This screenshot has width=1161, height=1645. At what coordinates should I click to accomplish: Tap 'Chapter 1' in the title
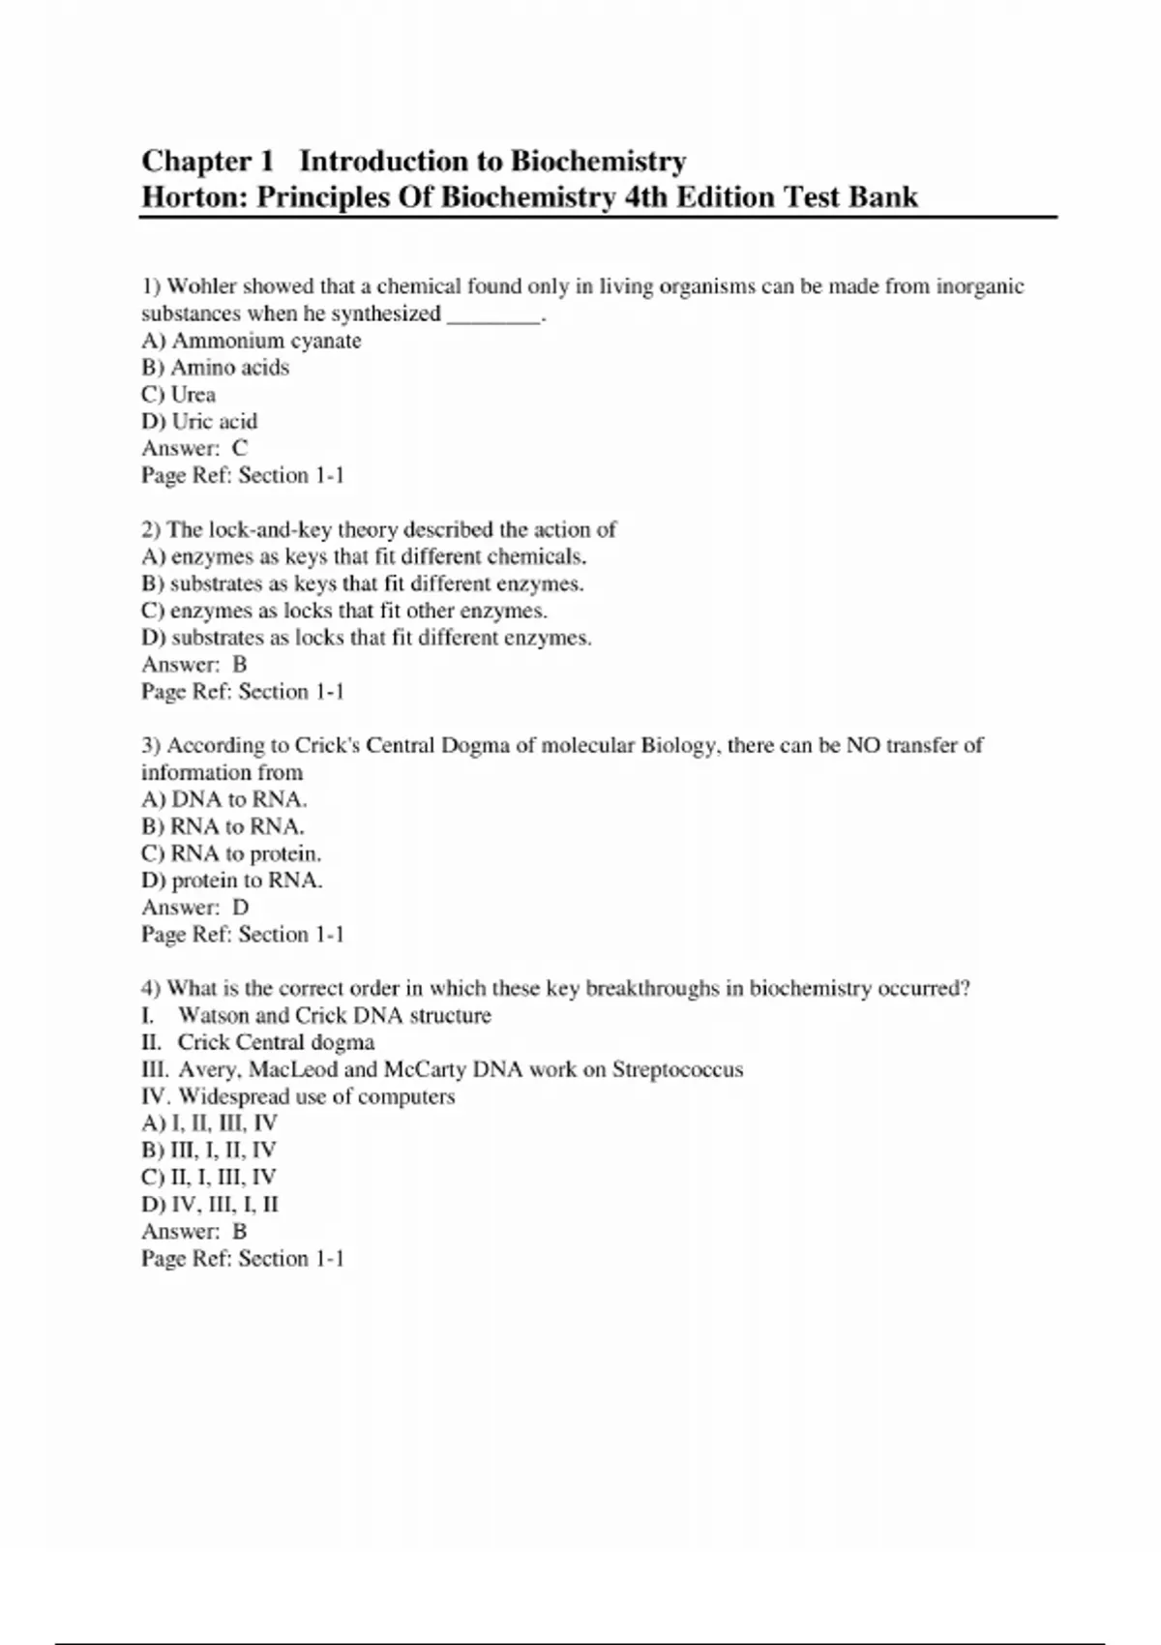click(208, 161)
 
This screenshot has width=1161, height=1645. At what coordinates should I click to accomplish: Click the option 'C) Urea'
click(179, 395)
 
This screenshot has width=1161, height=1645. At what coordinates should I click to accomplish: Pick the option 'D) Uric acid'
click(200, 422)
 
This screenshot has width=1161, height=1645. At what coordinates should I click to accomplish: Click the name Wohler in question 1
click(202, 286)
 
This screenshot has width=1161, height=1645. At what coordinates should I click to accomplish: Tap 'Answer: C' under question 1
click(194, 448)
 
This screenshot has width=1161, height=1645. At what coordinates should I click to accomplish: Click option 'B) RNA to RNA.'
click(223, 826)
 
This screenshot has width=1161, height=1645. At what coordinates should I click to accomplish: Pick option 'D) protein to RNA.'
click(232, 881)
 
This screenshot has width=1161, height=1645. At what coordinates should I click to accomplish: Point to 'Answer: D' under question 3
click(195, 908)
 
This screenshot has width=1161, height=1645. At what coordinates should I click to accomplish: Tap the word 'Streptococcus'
click(677, 1069)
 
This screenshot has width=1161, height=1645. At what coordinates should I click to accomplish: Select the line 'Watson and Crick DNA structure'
click(334, 1015)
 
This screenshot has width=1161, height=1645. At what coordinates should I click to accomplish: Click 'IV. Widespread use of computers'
click(298, 1096)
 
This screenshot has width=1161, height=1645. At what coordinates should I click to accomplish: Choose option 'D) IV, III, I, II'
click(210, 1205)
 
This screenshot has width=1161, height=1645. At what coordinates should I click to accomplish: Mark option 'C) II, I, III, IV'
click(209, 1178)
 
